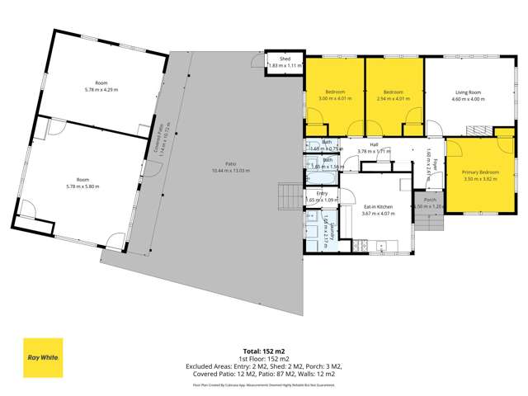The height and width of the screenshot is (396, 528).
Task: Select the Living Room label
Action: tap(467, 92)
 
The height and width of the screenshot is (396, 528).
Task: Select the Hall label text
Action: tap(374, 145)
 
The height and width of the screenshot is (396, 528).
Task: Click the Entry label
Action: tap(322, 193)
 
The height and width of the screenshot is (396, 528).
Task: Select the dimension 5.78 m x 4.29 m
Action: tap(101, 88)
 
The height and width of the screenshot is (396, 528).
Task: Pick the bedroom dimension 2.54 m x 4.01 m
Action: tap(393, 98)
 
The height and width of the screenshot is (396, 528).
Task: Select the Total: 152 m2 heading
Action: tap(264, 351)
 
